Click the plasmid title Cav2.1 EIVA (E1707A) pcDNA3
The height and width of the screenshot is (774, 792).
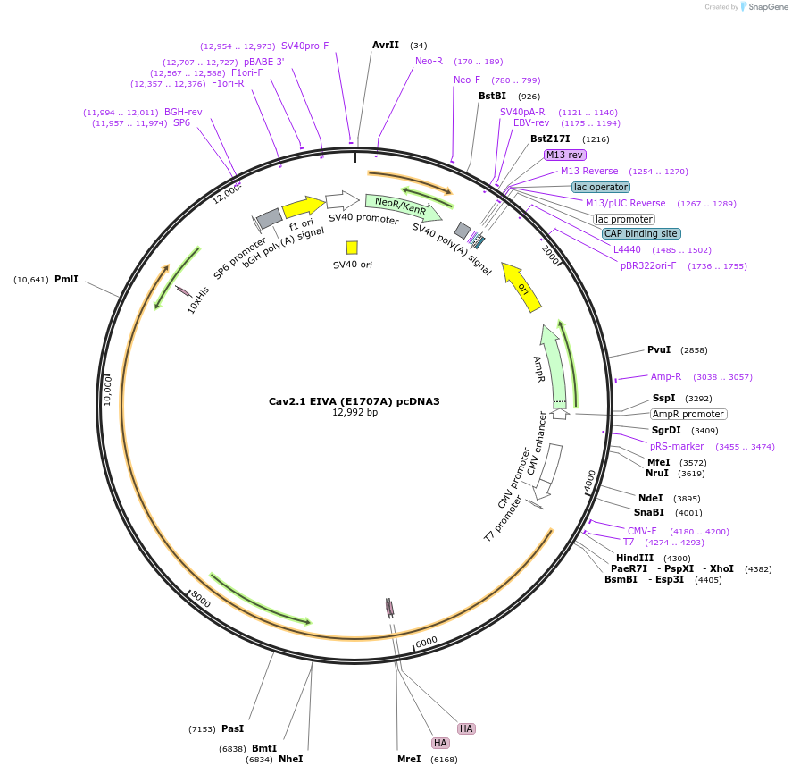click(x=354, y=401)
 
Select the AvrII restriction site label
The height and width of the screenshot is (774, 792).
click(x=386, y=45)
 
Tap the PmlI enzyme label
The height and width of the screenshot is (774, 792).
click(x=66, y=279)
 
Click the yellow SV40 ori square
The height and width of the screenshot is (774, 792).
click(x=352, y=248)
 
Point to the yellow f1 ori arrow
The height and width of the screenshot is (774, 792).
click(x=304, y=207)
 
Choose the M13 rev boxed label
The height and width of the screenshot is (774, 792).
click(x=565, y=155)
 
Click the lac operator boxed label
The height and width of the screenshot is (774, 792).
click(x=601, y=187)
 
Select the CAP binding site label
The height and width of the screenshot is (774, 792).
click(x=641, y=233)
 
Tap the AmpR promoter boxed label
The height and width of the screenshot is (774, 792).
click(x=688, y=414)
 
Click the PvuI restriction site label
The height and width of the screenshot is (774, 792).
click(x=659, y=349)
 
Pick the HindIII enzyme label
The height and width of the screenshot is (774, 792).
click(x=635, y=558)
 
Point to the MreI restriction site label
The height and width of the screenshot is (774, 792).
click(x=409, y=759)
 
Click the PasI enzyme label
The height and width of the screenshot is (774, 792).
click(x=232, y=728)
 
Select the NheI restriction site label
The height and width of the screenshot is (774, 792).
click(x=291, y=759)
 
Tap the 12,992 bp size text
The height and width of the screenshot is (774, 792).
click(x=354, y=413)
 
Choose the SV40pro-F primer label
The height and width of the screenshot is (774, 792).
click(x=304, y=46)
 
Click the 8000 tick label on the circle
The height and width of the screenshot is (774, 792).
click(x=201, y=601)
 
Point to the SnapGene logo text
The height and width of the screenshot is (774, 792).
click(x=767, y=7)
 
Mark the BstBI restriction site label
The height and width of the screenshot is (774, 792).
click(x=492, y=96)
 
